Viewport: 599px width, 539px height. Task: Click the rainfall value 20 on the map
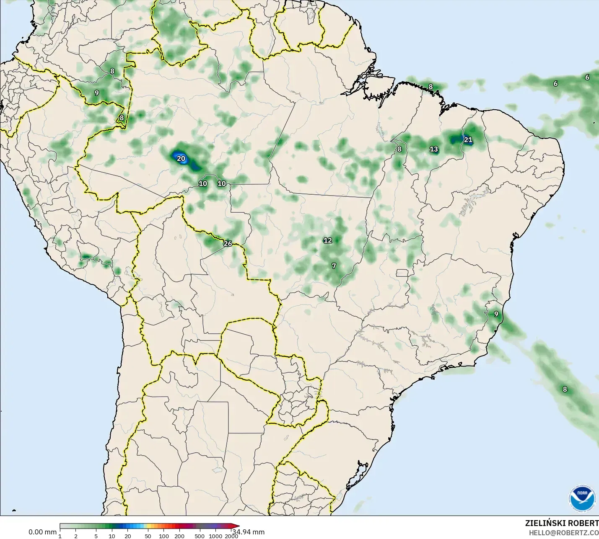[181, 159]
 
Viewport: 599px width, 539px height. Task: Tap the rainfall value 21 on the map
[468, 140]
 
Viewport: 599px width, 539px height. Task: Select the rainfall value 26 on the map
[228, 244]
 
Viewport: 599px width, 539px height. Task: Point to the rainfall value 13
[434, 149]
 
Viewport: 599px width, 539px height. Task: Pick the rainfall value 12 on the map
[328, 240]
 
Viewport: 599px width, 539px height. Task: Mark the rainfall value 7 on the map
[334, 266]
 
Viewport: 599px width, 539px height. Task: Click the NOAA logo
[582, 498]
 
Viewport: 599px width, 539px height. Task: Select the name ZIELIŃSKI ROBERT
[562, 523]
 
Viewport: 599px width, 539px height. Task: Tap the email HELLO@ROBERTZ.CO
[563, 533]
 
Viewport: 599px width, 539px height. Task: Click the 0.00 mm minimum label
[42, 532]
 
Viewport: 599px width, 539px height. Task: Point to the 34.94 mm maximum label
[249, 532]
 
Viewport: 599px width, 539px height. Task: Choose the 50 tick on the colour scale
[148, 536]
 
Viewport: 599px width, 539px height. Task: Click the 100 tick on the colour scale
[164, 536]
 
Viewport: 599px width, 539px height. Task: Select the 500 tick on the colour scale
[200, 536]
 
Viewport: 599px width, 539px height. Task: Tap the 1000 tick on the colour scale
[215, 536]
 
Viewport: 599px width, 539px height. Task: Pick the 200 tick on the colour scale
[179, 536]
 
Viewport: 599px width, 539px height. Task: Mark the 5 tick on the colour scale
[96, 536]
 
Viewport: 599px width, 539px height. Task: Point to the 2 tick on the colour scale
[76, 536]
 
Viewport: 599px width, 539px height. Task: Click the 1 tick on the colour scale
[60, 536]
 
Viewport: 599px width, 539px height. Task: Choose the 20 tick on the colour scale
[128, 536]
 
